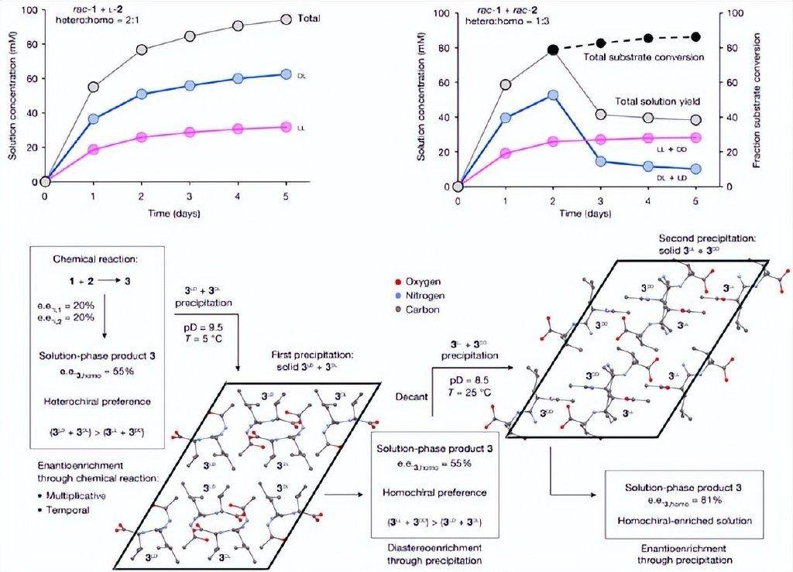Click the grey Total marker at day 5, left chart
pyautogui.click(x=286, y=19)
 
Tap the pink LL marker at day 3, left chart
pyautogui.click(x=189, y=132)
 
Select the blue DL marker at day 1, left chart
pyautogui.click(x=94, y=119)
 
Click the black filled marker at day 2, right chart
pyautogui.click(x=553, y=50)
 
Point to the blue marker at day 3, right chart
pyautogui.click(x=601, y=161)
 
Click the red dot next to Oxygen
pyautogui.click(x=397, y=281)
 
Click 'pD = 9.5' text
pyautogui.click(x=201, y=326)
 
